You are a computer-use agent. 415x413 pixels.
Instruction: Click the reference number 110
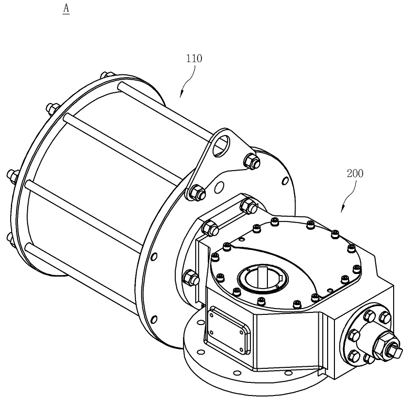pos(194,58)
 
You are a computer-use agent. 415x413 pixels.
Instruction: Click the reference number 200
pos(355,173)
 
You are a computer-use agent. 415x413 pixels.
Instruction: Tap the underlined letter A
pos(66,8)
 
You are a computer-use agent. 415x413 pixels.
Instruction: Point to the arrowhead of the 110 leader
pos(182,94)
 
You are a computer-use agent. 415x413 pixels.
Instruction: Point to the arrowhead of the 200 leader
pos(343,209)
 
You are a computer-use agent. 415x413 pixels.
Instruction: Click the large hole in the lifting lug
pos(221,145)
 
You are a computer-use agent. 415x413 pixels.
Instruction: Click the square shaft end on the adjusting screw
pos(396,351)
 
